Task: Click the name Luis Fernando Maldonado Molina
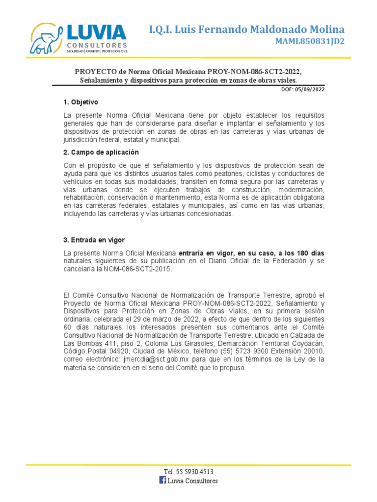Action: [246, 29]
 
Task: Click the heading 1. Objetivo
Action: [81, 102]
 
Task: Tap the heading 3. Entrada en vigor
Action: [94, 240]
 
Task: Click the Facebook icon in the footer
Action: [163, 480]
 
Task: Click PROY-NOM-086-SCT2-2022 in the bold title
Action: [246, 72]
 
